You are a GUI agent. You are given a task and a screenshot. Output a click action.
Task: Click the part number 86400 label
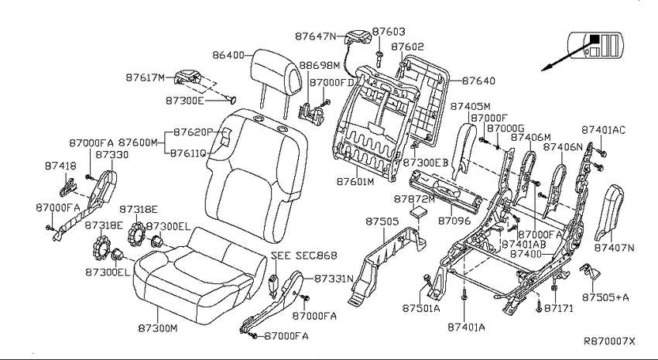228,55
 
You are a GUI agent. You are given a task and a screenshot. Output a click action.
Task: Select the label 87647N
316,36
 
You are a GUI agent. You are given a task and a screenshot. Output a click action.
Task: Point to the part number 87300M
158,327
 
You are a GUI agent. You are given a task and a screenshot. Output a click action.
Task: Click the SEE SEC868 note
303,255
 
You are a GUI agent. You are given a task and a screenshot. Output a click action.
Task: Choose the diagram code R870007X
610,341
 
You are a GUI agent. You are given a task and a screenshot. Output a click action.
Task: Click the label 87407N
614,248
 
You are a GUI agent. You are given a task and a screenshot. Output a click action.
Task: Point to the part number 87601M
355,182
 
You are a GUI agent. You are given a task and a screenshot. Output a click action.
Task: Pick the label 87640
478,81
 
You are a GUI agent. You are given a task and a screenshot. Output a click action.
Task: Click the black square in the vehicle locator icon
595,39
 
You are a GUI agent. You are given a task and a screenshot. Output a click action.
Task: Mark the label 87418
60,166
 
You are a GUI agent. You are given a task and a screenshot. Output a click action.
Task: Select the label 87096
454,221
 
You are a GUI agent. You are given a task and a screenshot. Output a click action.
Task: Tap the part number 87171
559,308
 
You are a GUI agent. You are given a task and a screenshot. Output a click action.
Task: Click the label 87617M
146,77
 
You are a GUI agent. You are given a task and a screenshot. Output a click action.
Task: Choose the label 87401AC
604,130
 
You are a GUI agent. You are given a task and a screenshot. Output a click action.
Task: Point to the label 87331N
334,279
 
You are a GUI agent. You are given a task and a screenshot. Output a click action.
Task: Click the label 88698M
320,66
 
